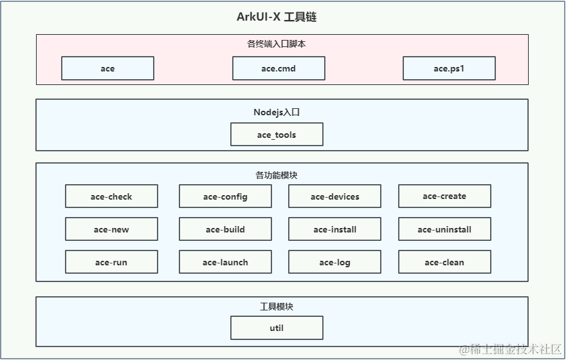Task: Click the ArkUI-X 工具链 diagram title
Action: pos(277,17)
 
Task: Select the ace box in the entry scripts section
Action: pos(107,68)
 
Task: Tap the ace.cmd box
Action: pos(278,68)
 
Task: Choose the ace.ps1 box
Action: pos(449,68)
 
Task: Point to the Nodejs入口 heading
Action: pos(277,112)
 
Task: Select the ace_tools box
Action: pos(277,135)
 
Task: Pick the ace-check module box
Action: pos(111,196)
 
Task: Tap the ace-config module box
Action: pos(225,196)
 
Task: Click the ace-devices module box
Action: pos(334,196)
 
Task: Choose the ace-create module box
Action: pos(444,196)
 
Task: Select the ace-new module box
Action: pos(111,229)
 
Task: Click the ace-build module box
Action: pos(225,229)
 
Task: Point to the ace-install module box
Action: pos(334,229)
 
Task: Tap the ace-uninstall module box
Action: pos(444,229)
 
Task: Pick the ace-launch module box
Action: pos(225,262)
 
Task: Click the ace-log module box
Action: pos(334,262)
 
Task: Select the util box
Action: pos(277,328)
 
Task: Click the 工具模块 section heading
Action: pos(277,307)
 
